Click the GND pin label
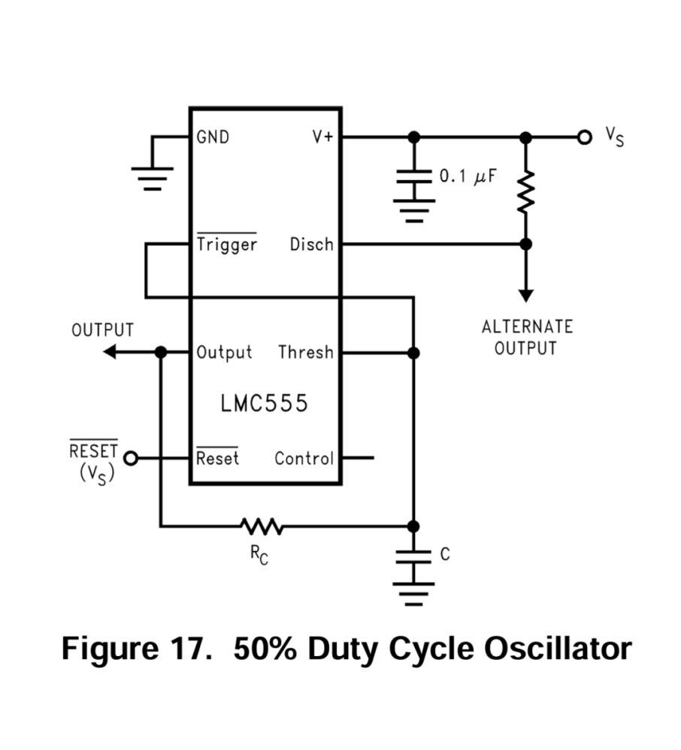tap(213, 137)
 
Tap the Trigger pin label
tap(226, 245)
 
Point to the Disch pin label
tap(311, 245)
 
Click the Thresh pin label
tap(305, 352)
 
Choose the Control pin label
tap(304, 458)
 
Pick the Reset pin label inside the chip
tap(217, 458)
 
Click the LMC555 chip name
tap(264, 404)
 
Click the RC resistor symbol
tap(260, 526)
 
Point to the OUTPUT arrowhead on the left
tap(110, 351)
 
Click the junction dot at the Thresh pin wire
tap(413, 352)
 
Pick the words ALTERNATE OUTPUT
tap(526, 338)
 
